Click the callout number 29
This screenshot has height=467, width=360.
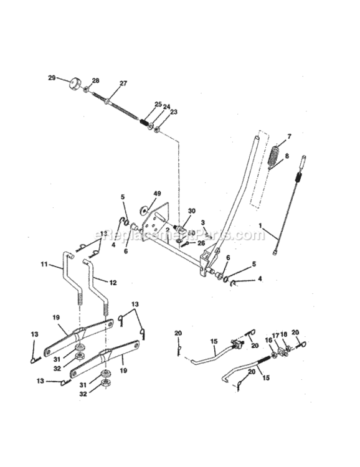pos(52,78)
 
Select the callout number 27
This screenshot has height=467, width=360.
pos(123,83)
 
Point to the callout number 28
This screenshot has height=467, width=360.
pos(95,81)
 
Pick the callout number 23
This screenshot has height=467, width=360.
pos(174,112)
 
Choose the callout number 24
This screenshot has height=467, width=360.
pos(166,107)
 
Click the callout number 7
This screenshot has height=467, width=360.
pos(289,136)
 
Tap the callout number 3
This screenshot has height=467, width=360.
pos(203,222)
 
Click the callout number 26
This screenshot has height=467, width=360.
pos(201,243)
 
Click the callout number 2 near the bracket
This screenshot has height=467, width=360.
pos(168,229)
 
